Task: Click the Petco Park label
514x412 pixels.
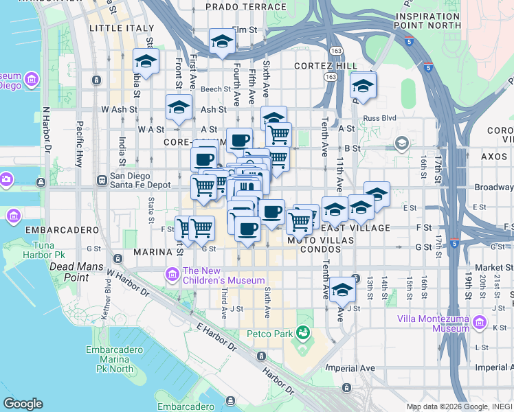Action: (269, 334)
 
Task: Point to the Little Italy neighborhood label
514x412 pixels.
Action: (117, 28)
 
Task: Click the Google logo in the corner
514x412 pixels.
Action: (23, 404)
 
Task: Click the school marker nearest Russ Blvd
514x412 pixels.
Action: (363, 87)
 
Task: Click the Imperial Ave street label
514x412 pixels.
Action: (351, 367)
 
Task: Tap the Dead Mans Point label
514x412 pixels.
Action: (76, 271)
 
